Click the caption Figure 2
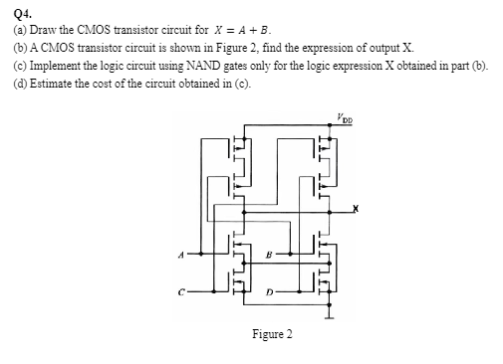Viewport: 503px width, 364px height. coord(271,334)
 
